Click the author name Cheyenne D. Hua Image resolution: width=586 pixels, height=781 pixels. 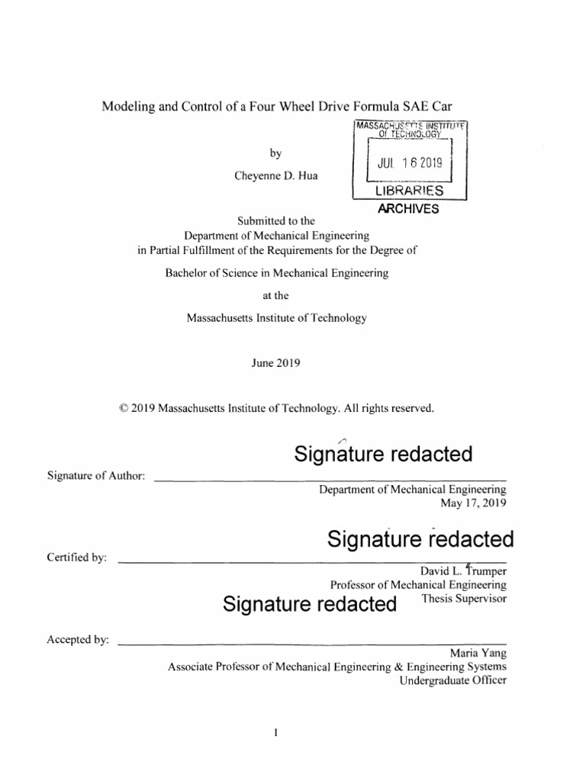pyautogui.click(x=275, y=175)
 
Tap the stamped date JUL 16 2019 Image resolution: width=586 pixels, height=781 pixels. pyautogui.click(x=411, y=162)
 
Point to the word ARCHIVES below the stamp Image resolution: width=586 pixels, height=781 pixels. pyautogui.click(x=409, y=208)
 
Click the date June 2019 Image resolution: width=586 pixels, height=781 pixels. pyautogui.click(x=275, y=363)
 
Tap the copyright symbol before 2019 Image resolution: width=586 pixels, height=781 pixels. pyautogui.click(x=124, y=409)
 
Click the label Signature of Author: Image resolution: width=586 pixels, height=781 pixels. pyautogui.click(x=96, y=476)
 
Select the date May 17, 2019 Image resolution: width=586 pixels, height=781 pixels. pyautogui.click(x=474, y=503)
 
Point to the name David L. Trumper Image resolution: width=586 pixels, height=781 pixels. pyautogui.click(x=463, y=570)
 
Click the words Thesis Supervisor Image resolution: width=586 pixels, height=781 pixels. pyautogui.click(x=464, y=599)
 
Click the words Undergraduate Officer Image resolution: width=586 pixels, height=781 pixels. pyautogui.click(x=453, y=680)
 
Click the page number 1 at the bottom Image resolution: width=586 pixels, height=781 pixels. pyautogui.click(x=276, y=734)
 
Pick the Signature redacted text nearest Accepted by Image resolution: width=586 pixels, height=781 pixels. pyautogui.click(x=310, y=605)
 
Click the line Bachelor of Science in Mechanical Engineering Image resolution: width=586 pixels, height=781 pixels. pyautogui.click(x=276, y=272)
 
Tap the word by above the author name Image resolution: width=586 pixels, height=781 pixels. pyautogui.click(x=276, y=153)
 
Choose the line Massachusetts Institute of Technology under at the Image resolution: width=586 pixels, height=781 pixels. pyautogui.click(x=276, y=318)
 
